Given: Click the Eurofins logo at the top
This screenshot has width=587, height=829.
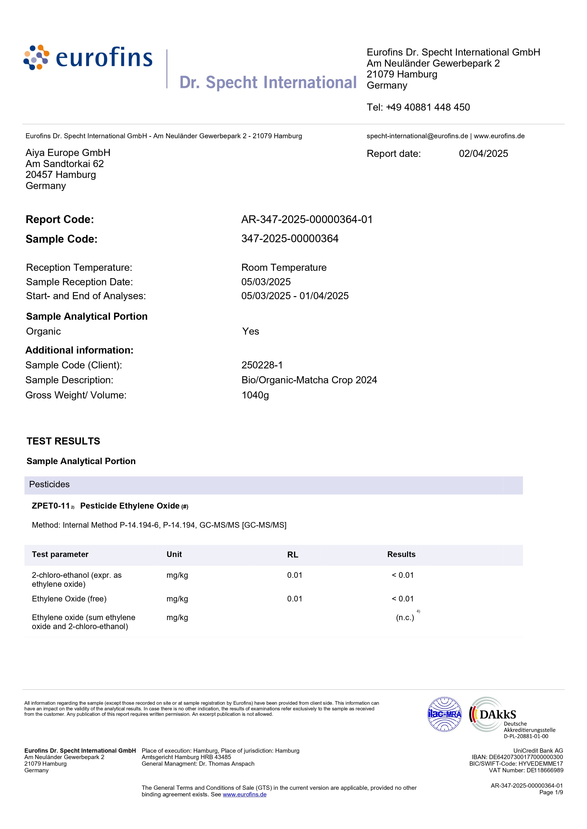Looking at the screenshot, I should pos(88,58).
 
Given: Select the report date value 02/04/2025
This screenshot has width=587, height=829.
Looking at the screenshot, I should pos(483,154).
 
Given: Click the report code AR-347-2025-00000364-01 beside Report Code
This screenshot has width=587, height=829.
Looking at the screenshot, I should pos(307,220).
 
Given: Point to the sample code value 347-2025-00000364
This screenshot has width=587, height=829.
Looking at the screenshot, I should pos(290,239).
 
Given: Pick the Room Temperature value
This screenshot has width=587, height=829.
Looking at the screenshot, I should pos(284,268).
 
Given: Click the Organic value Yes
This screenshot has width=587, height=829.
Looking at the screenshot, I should pos(251,332).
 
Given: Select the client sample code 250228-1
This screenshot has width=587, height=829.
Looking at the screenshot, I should pos(262,365).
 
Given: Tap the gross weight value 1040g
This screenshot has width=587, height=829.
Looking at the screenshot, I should pos(255,395).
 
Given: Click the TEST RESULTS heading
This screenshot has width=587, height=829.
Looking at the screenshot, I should pos(63,441).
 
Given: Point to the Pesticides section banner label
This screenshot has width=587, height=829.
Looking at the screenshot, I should pos(49,484).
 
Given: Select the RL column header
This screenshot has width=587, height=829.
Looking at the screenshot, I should pos(293,555).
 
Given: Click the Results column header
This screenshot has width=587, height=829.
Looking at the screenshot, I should pos(401,554).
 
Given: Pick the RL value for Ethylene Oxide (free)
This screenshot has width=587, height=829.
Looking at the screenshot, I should pos(295,599).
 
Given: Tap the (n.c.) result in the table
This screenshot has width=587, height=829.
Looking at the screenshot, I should pos(405,617).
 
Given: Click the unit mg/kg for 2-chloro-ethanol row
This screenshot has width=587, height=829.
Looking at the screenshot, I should pos(177,575).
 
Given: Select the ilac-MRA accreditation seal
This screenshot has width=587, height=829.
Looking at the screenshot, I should pos(445,714).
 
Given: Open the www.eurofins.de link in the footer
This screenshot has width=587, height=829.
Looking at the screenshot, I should pos(244,794).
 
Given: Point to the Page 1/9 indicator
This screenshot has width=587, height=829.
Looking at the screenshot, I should pos(551,792).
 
